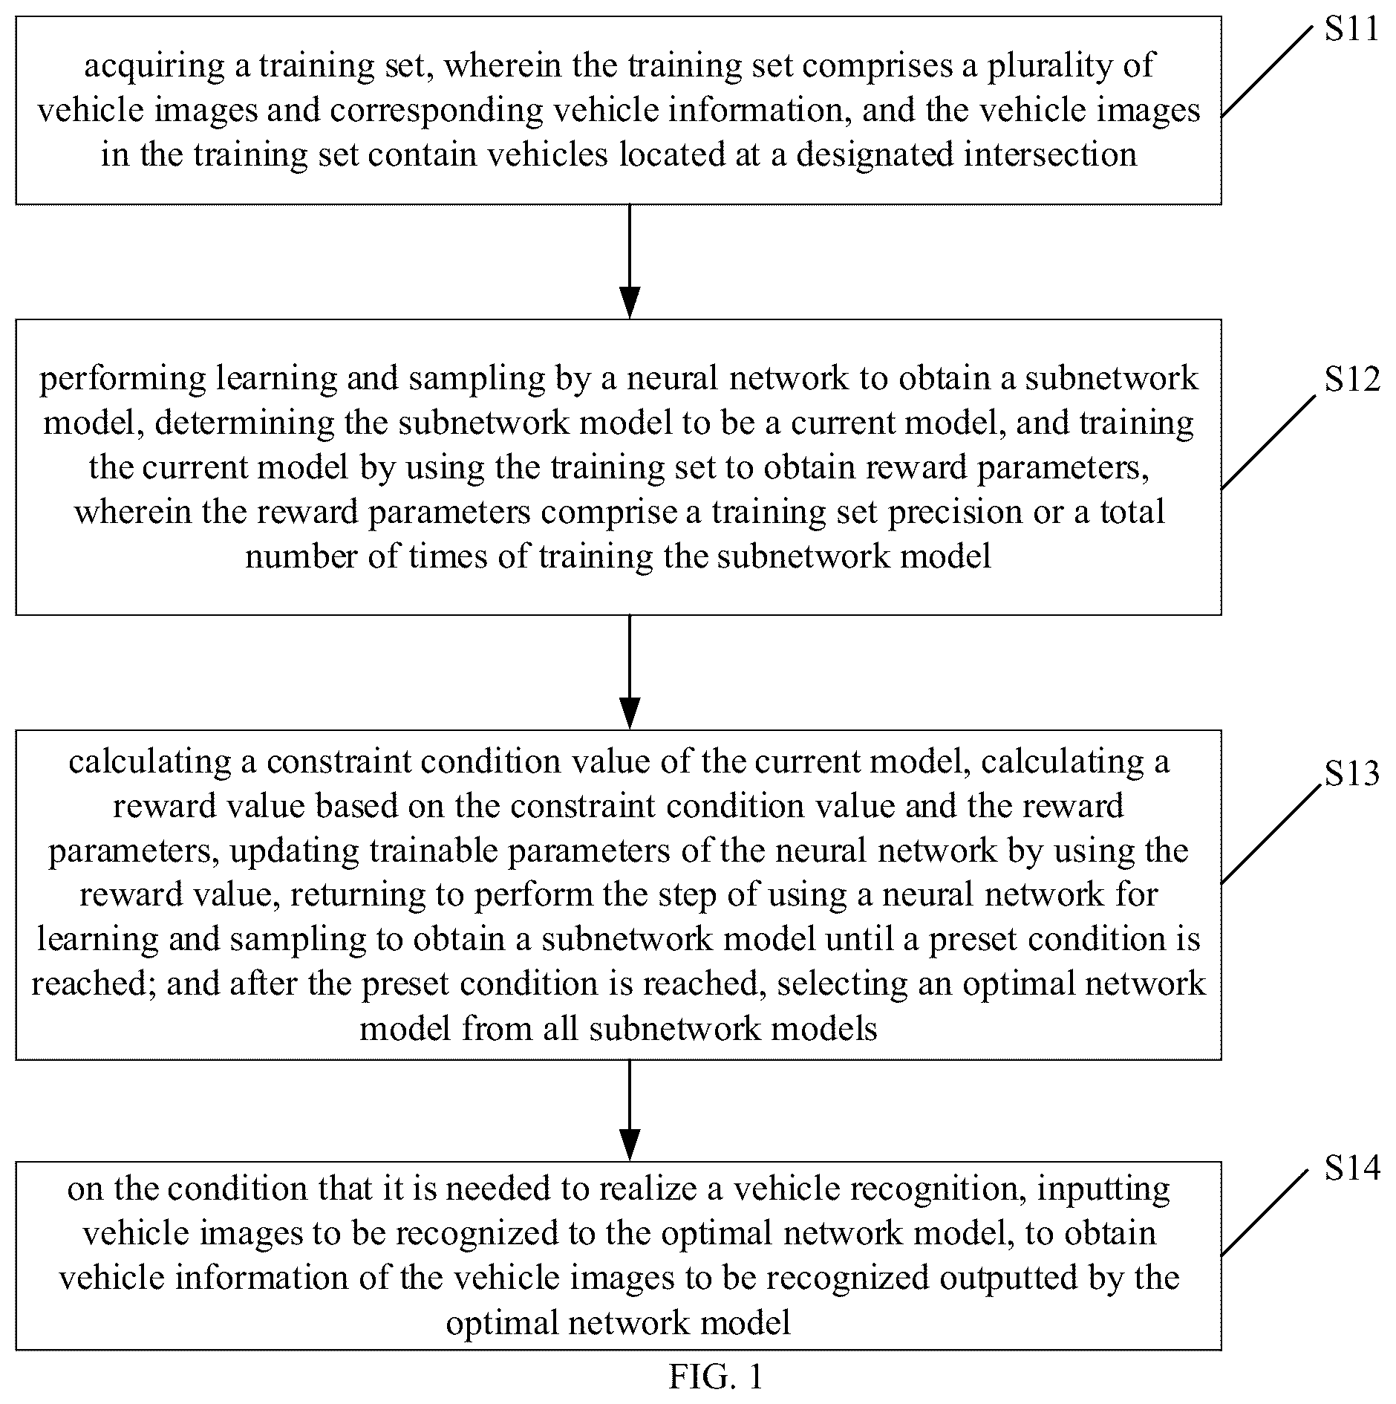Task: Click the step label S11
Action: (1351, 29)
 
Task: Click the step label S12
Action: (1352, 379)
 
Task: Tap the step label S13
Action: (1352, 774)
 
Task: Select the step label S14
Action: (1352, 1169)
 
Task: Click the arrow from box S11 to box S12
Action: (630, 261)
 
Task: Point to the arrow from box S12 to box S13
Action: (630, 672)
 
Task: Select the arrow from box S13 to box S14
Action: (630, 1111)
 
